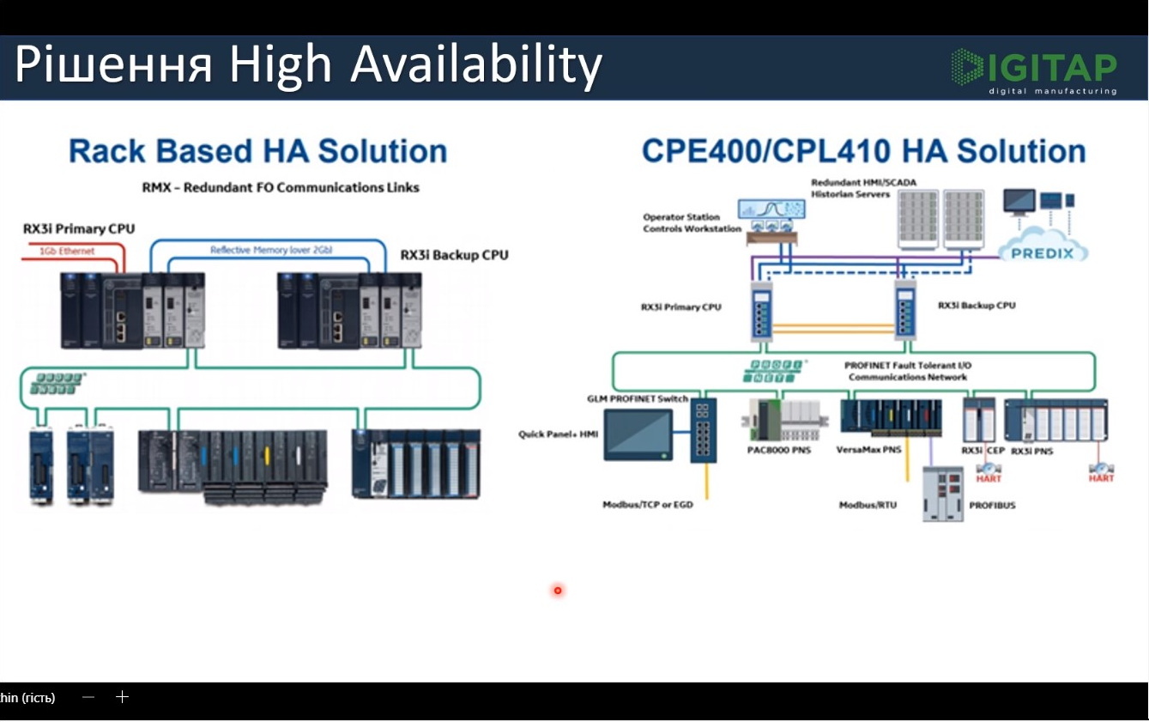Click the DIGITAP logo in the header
[x=1033, y=70]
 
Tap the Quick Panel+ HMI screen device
[x=638, y=434]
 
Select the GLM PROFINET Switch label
[x=638, y=399]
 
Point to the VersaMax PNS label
[x=868, y=450]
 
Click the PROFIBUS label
[x=992, y=506]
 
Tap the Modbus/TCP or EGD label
[x=647, y=505]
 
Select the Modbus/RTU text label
[x=868, y=505]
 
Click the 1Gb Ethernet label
[x=67, y=251]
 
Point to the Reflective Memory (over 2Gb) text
[x=271, y=250]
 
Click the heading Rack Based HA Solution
[x=257, y=151]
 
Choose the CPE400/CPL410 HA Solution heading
[x=863, y=151]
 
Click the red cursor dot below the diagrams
[x=558, y=590]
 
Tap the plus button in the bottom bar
[x=122, y=697]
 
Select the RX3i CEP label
[x=982, y=451]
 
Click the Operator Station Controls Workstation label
[x=692, y=223]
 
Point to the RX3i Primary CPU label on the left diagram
[x=79, y=229]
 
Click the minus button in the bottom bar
[x=88, y=697]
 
